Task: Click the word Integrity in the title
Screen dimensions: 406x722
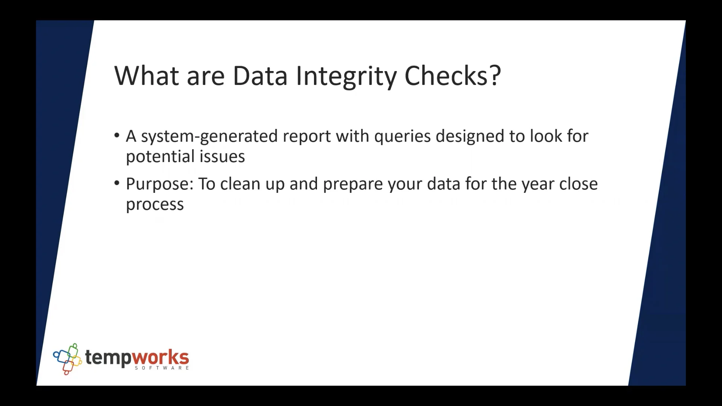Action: [346, 76]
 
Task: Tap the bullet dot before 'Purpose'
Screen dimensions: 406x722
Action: [117, 183]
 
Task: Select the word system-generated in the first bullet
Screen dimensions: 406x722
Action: [209, 136]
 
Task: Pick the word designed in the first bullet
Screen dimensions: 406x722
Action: [470, 136]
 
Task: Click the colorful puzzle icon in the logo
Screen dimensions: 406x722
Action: [68, 358]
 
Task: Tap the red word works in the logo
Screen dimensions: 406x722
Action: [161, 357]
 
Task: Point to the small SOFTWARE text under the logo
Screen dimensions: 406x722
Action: [162, 368]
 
